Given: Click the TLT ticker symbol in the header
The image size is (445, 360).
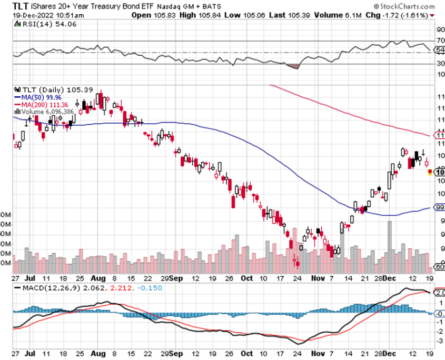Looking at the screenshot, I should pyautogui.click(x=22, y=7).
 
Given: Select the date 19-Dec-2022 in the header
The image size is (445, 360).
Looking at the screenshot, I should pyautogui.click(x=32, y=15).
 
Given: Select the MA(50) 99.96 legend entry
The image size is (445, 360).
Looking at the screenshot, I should pyautogui.click(x=37, y=97).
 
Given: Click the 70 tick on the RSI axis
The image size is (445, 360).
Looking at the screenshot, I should pyautogui.click(x=440, y=41).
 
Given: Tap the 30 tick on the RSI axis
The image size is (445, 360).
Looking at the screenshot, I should pyautogui.click(x=440, y=63).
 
